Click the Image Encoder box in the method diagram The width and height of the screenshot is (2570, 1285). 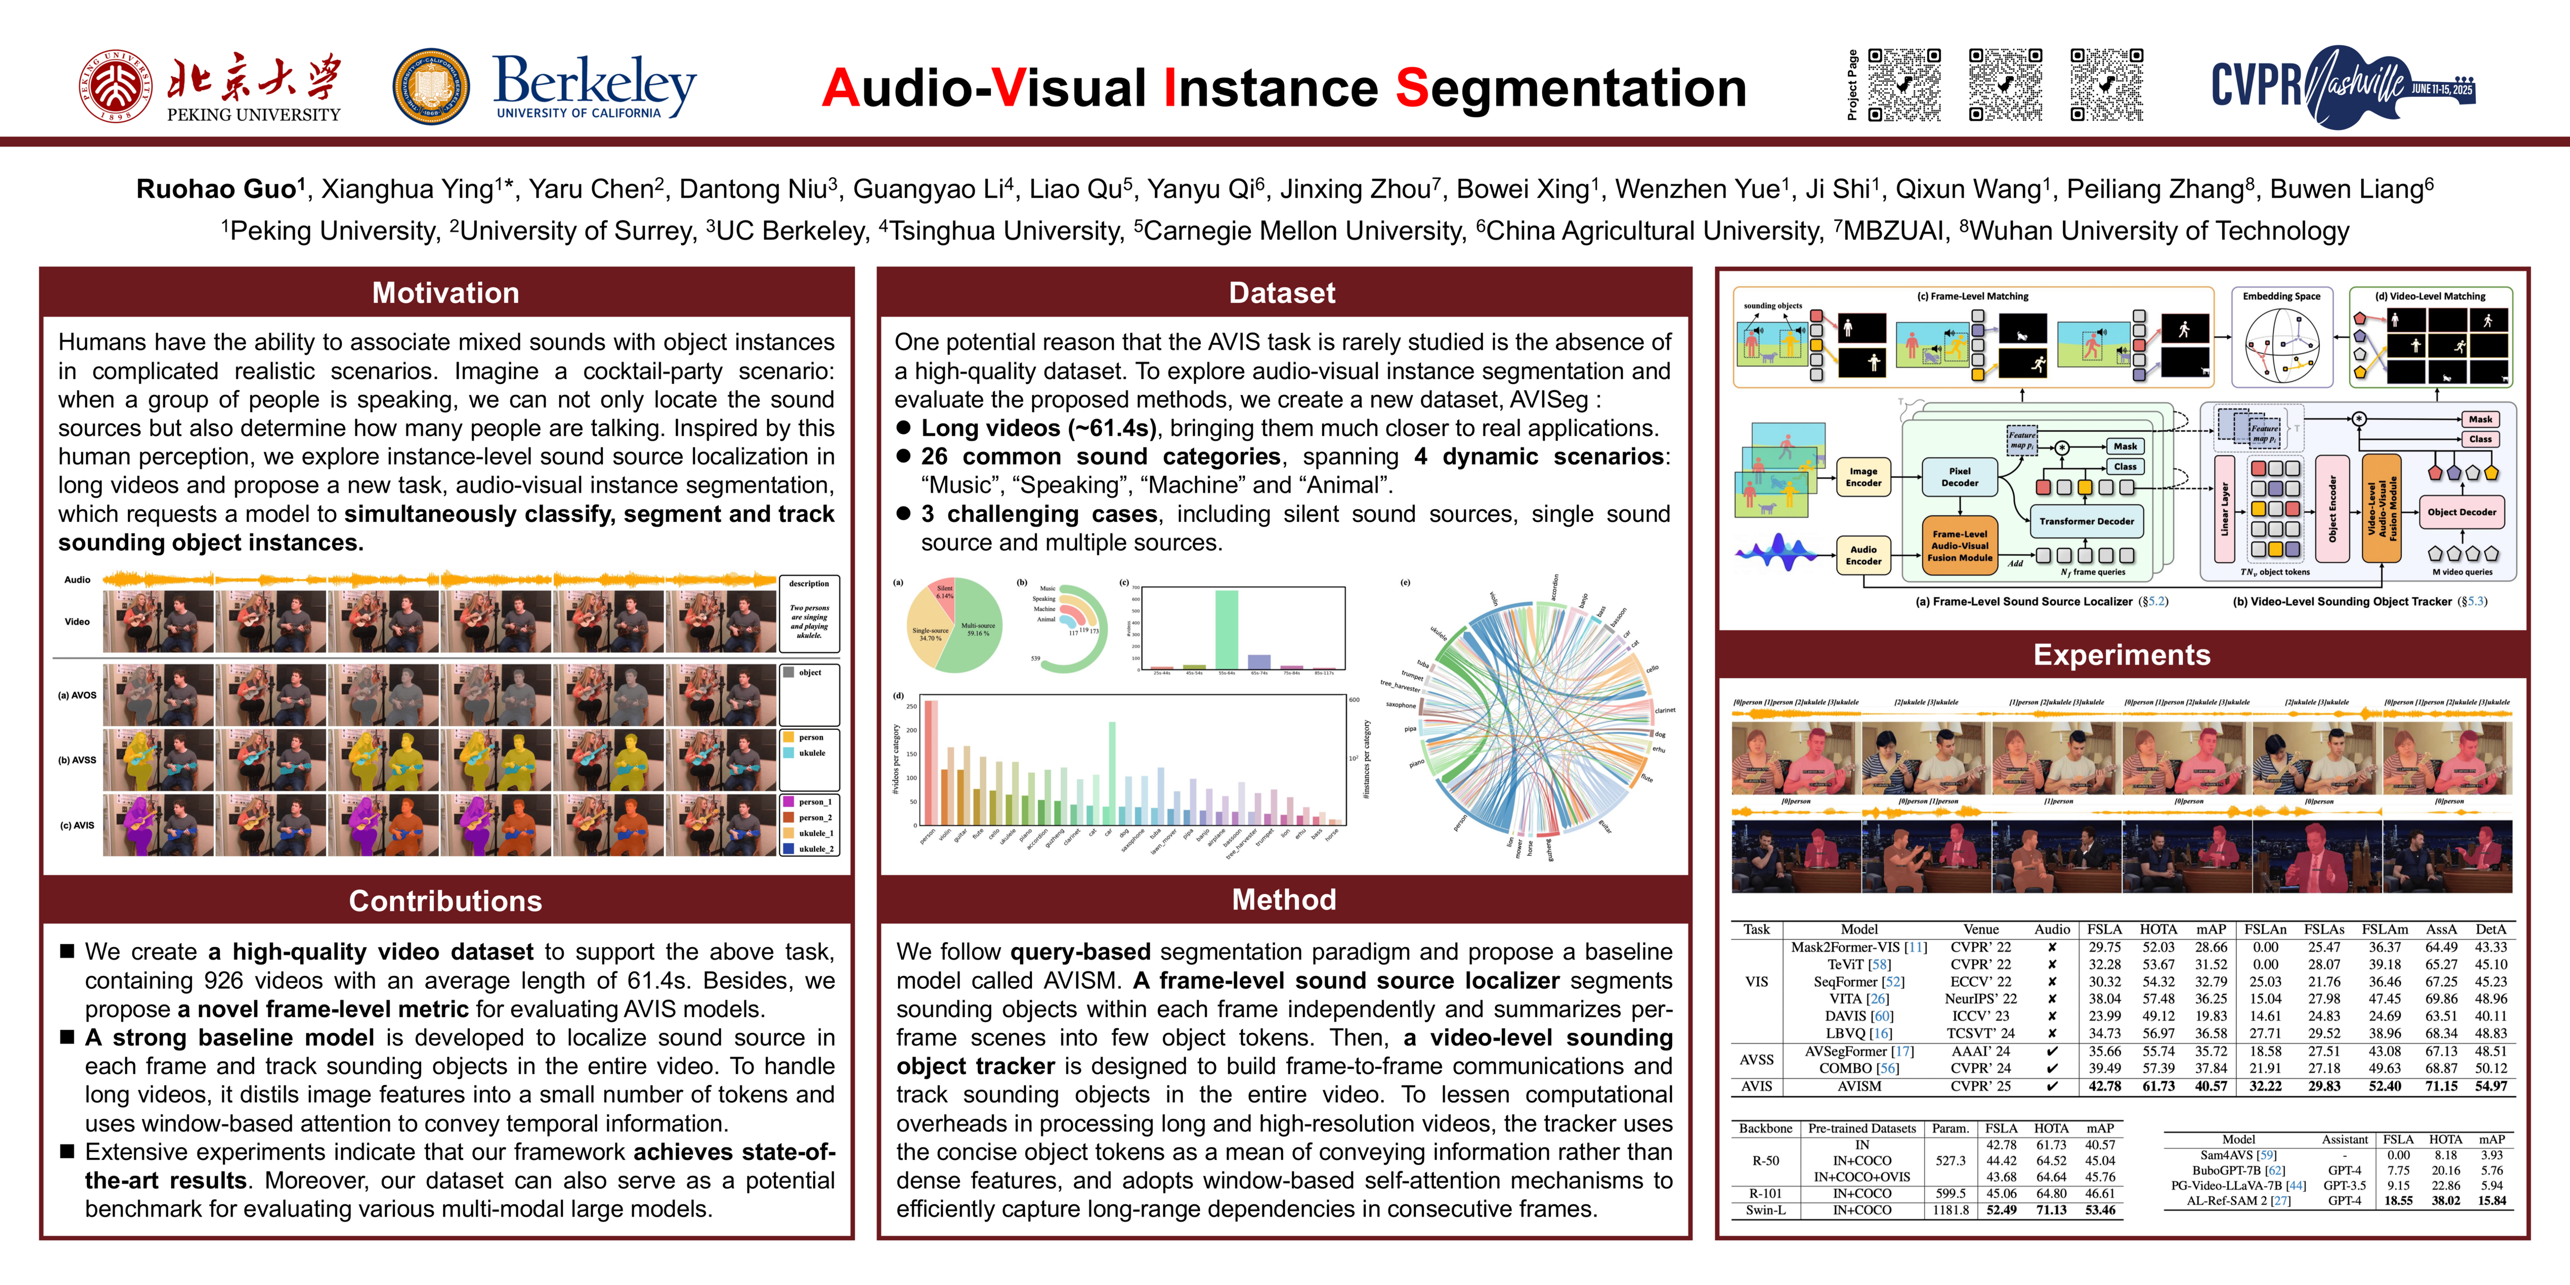(x=1863, y=477)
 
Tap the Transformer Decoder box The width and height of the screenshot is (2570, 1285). (x=2086, y=521)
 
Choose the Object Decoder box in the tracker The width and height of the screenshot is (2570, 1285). (x=2461, y=512)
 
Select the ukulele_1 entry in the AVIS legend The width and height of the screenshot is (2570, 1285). (x=815, y=833)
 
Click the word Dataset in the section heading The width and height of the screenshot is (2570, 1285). (x=1282, y=293)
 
